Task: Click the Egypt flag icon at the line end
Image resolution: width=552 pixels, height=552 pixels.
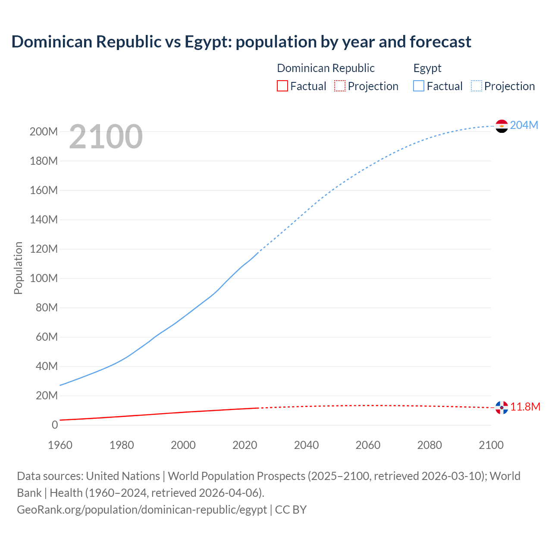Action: pyautogui.click(x=502, y=126)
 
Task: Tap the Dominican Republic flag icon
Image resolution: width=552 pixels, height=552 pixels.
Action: pyautogui.click(x=502, y=408)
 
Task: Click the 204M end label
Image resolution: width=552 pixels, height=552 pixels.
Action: pyautogui.click(x=524, y=125)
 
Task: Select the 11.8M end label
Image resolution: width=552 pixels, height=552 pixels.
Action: pyautogui.click(x=525, y=407)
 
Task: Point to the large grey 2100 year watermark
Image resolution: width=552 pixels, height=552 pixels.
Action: pyautogui.click(x=106, y=137)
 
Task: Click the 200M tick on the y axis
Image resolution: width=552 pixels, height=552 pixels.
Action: pyautogui.click(x=44, y=132)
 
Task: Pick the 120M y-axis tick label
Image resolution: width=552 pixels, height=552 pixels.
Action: pyautogui.click(x=44, y=249)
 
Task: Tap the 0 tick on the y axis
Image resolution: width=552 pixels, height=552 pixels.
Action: pyautogui.click(x=55, y=425)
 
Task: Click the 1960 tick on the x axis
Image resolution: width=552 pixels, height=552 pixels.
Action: pyautogui.click(x=60, y=445)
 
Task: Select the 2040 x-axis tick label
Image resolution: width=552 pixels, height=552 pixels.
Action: pyautogui.click(x=306, y=445)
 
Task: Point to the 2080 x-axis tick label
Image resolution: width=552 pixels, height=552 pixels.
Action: pyautogui.click(x=430, y=445)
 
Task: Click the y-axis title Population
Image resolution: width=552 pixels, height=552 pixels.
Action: pyautogui.click(x=18, y=268)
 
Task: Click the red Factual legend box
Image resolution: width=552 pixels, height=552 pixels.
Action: pyautogui.click(x=282, y=86)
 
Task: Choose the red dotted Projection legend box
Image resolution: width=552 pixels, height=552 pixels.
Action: pyautogui.click(x=340, y=86)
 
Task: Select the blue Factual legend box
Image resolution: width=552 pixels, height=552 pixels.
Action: pyautogui.click(x=419, y=86)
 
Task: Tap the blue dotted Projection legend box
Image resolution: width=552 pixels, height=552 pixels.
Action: pyautogui.click(x=477, y=86)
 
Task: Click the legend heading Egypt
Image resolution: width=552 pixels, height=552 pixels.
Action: pyautogui.click(x=427, y=68)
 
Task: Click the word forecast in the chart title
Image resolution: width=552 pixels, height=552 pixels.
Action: pyautogui.click(x=440, y=42)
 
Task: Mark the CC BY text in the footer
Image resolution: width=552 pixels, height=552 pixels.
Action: pyautogui.click(x=291, y=510)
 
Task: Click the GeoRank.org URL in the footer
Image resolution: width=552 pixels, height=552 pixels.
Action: pyautogui.click(x=142, y=510)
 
